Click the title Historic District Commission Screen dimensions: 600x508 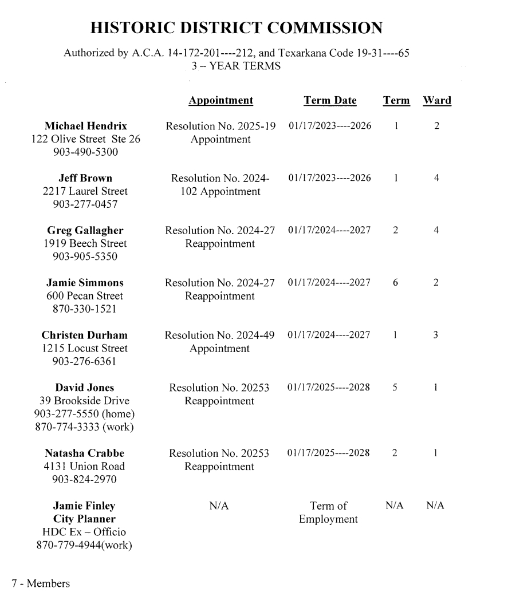pos(237,28)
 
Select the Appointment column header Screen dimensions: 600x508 pos(220,101)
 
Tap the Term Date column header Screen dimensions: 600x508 pos(330,101)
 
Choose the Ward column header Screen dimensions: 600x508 pos(436,101)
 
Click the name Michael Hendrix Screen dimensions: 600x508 pos(86,126)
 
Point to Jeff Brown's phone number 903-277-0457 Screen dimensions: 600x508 pos(85,204)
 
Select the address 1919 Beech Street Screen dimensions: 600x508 pos(85,243)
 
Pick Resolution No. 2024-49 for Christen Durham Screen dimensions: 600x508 pos(220,335)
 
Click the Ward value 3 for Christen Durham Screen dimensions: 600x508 pos(436,335)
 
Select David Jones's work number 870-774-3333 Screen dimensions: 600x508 pos(84,427)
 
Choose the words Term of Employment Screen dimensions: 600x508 pos(328,512)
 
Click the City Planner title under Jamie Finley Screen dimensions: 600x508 pos(84,519)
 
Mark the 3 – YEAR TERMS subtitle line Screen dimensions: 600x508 pos(236,66)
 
